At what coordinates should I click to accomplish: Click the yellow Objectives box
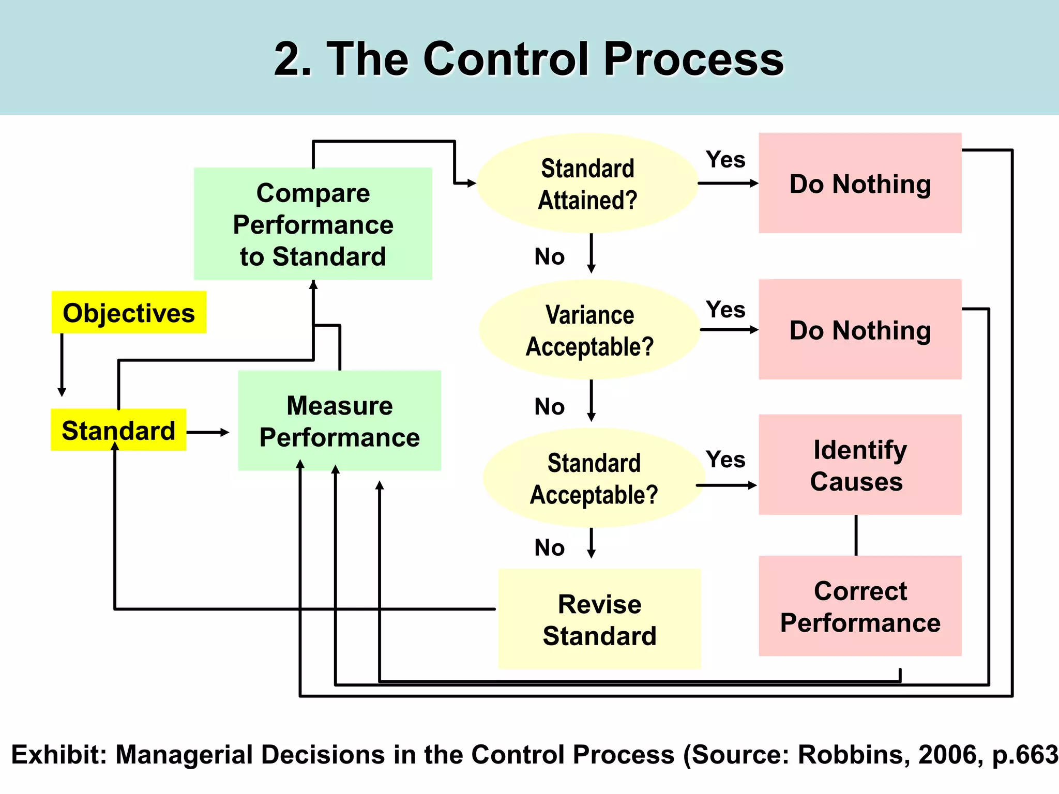[129, 312]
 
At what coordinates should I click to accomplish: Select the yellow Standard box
[118, 430]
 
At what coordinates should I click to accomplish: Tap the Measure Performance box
[339, 421]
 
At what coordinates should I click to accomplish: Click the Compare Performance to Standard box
[313, 224]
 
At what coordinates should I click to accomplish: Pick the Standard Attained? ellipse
[587, 184]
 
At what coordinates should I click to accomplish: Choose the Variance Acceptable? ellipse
[589, 330]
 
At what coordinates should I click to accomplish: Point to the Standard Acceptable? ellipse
[594, 478]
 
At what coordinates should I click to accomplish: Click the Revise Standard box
[599, 619]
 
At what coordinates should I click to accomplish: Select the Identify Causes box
[860, 464]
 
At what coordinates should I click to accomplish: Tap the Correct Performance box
[860, 606]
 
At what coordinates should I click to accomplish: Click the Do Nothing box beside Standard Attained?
[860, 183]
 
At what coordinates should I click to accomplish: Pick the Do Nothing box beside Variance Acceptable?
[860, 329]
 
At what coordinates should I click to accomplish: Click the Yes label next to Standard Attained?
[725, 159]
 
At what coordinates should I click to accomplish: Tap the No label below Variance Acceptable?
[549, 407]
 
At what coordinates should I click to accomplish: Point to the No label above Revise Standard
[549, 547]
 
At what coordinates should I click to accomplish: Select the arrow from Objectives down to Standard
[62, 364]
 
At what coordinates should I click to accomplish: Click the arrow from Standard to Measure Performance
[207, 432]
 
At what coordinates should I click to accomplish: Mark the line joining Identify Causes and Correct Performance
[856, 535]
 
